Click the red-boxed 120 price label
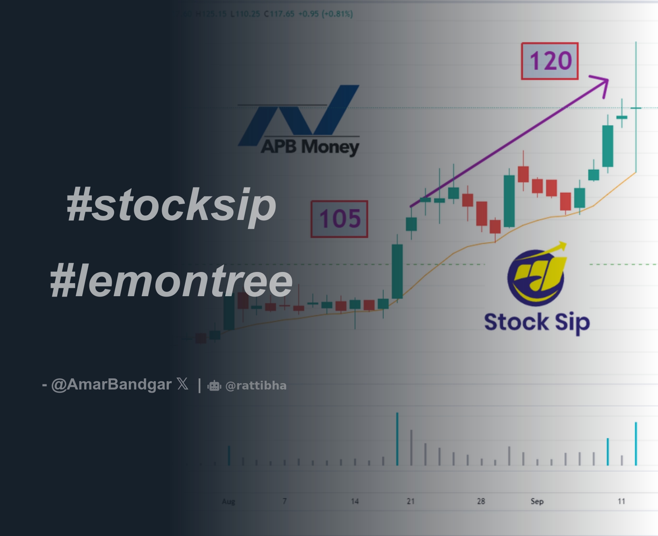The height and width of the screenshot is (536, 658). point(550,61)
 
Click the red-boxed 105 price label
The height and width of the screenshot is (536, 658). point(339,219)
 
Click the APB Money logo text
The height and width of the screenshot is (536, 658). point(310,147)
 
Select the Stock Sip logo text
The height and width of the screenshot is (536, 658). point(537,322)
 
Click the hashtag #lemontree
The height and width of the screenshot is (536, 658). point(171,281)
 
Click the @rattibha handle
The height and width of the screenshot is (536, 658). point(256,386)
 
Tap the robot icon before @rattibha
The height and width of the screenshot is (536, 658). point(215,386)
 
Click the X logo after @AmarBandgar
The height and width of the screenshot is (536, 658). point(183,384)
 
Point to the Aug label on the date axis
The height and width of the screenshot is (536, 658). point(228,501)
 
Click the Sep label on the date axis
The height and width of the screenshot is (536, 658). point(537,501)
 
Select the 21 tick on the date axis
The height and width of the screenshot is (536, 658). point(410,501)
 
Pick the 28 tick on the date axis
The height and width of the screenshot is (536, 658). point(481,501)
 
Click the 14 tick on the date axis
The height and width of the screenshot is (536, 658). point(355,501)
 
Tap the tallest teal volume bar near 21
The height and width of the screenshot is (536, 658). point(397,439)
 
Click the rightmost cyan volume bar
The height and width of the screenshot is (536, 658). point(636,443)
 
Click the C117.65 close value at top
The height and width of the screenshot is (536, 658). point(279,14)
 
